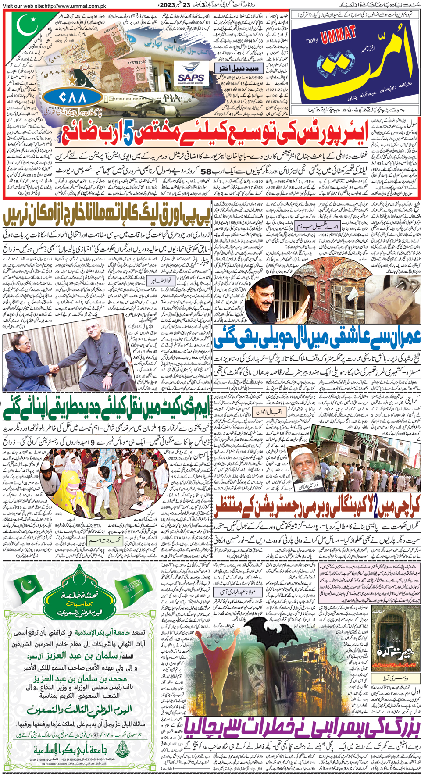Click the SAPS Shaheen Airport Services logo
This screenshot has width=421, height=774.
[191, 74]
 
